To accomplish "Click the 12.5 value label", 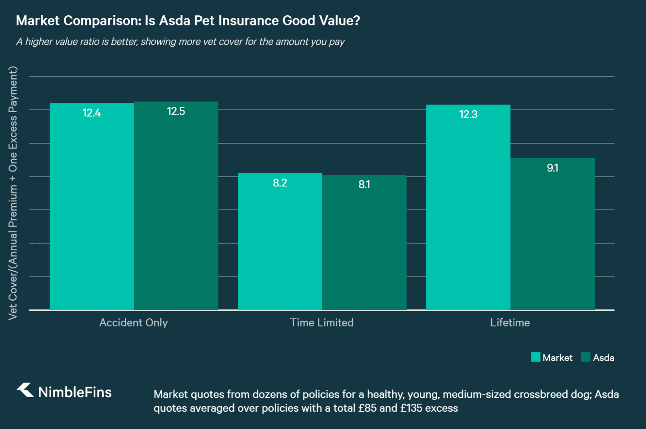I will [176, 111].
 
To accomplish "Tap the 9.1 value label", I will [552, 168].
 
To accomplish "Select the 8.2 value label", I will [280, 183].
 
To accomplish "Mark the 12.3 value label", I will [468, 115].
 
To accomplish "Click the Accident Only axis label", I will [134, 322].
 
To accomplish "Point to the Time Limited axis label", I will [322, 322].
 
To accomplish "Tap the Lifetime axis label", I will [510, 322].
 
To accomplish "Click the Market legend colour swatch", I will [535, 357].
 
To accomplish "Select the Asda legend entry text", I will [603, 358].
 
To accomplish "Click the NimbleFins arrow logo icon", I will [25, 390].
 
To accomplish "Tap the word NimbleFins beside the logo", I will [75, 392].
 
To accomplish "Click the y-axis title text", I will [13, 193].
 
